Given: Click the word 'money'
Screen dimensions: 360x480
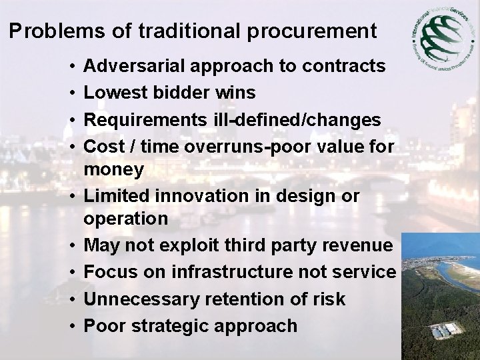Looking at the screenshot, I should point(114,170).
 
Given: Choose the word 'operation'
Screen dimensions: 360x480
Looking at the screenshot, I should point(126,219).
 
